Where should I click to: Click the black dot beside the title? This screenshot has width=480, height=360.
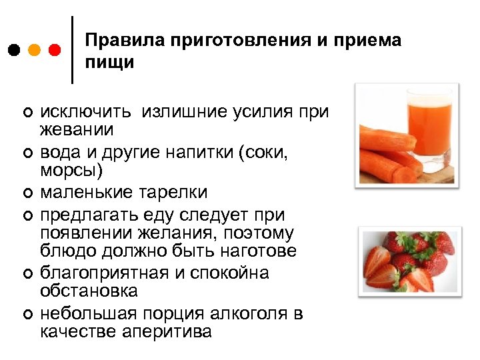pyautogui.click(x=15, y=51)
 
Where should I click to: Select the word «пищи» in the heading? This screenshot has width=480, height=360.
pyautogui.click(x=109, y=63)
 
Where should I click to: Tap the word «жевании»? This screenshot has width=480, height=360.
pyautogui.click(x=77, y=128)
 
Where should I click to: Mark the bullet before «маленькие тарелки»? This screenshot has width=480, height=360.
pyautogui.click(x=25, y=194)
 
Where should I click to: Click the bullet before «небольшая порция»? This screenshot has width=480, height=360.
pyautogui.click(x=25, y=314)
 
